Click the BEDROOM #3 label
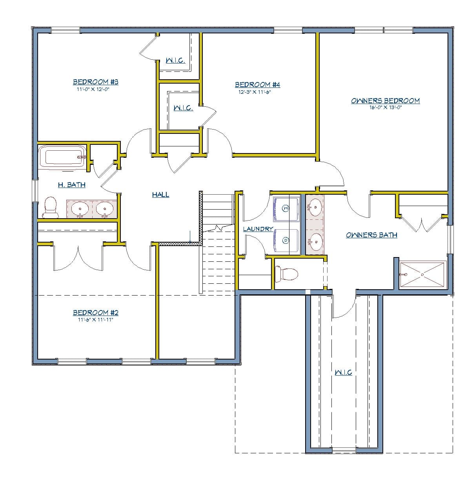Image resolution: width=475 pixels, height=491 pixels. (x=95, y=82)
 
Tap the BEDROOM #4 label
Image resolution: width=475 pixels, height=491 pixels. (x=257, y=85)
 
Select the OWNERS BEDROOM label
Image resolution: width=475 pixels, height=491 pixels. (x=385, y=101)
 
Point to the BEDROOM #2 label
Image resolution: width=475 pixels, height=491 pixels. (x=95, y=313)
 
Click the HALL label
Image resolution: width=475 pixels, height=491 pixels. (x=160, y=195)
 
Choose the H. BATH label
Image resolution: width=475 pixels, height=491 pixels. (x=71, y=185)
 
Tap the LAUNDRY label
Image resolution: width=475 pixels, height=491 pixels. (x=258, y=229)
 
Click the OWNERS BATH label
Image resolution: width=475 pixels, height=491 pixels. (x=371, y=235)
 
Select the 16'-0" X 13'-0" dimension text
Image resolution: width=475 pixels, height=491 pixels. (x=385, y=108)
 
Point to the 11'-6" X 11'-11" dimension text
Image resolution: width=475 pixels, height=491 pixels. (x=95, y=320)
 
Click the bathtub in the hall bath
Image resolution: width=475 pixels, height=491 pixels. (x=63, y=157)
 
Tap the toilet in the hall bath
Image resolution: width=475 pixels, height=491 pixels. (x=50, y=207)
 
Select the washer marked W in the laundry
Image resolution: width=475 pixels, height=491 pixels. (x=286, y=208)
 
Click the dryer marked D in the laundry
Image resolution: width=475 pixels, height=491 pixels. (x=286, y=240)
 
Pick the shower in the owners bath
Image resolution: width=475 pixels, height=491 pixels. (x=422, y=275)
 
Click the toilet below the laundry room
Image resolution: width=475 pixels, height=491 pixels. (x=288, y=274)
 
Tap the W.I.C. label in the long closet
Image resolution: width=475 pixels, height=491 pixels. (x=343, y=372)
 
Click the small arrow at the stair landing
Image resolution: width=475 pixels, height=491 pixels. (x=190, y=237)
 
